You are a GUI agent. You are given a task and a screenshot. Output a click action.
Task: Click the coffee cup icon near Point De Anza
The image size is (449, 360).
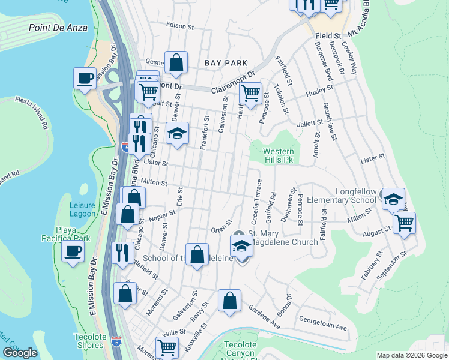[85, 78]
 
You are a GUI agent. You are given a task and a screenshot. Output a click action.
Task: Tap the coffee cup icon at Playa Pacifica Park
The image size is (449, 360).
[73, 251]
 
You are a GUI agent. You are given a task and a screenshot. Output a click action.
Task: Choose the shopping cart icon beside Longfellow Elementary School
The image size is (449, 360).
[404, 222]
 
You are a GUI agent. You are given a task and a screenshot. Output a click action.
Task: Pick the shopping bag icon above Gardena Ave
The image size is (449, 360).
[229, 301]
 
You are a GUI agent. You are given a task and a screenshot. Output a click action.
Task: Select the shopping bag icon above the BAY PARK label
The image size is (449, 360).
[176, 62]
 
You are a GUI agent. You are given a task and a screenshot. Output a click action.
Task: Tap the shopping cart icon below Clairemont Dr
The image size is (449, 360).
[250, 94]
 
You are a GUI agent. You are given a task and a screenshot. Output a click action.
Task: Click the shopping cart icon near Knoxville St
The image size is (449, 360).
[167, 347]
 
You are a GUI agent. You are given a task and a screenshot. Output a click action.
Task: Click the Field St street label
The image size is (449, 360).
[328, 37]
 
